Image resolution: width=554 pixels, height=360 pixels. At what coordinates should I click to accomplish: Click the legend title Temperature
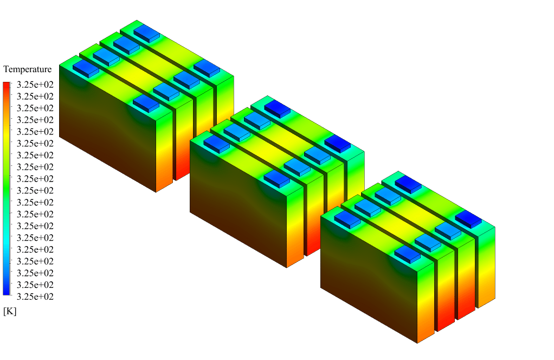coord(27,69)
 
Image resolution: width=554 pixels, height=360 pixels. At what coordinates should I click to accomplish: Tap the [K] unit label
coord(10,311)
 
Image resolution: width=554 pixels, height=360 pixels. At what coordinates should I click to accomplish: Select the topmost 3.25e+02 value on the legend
coord(35,85)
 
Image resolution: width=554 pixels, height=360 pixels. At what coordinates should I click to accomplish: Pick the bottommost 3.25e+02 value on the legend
coord(35,297)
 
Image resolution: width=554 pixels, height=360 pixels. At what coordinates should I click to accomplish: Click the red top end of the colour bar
coord(7,85)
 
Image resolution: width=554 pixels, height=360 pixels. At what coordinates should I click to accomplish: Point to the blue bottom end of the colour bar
coord(7,292)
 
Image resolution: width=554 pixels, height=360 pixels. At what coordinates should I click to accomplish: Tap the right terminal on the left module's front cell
coord(146,103)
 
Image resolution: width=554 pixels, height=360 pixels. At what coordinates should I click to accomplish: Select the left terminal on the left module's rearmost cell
coord(146,34)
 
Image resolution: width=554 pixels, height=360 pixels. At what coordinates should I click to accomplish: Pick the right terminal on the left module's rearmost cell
coord(207,68)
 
